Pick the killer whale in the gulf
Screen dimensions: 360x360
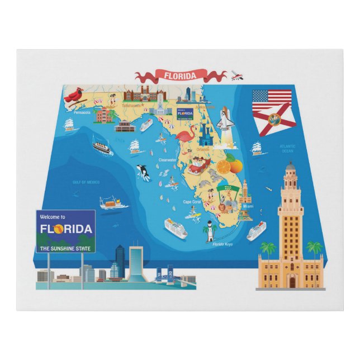tap(144, 172)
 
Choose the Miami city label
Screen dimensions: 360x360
tap(248, 206)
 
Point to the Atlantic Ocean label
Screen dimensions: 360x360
tap(287, 149)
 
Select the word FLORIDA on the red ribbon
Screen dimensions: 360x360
tap(181, 75)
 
